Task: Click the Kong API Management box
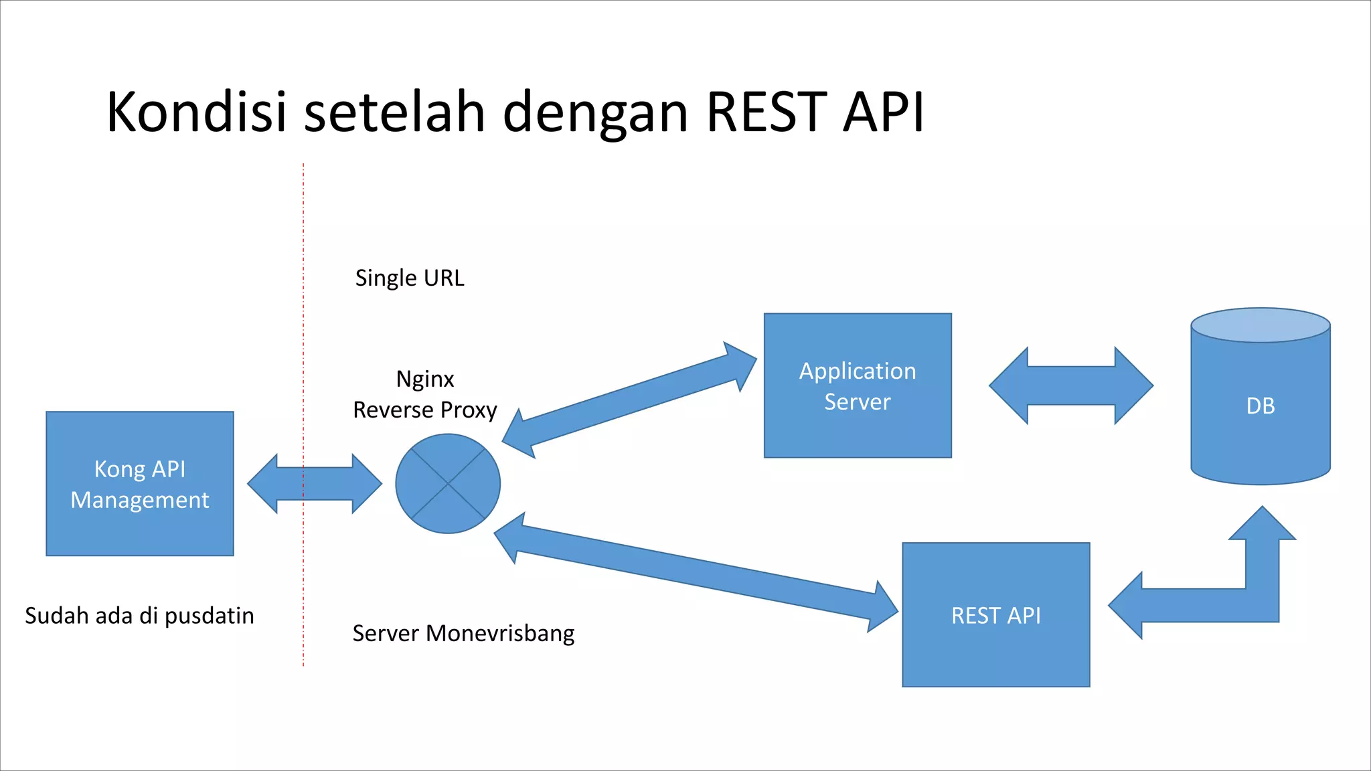pos(139,483)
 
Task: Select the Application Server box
pos(858,385)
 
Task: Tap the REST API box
pos(995,614)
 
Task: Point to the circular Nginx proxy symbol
pos(447,483)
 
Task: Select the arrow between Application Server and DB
pos(1070,385)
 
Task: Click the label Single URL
pos(409,278)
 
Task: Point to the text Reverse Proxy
pos(424,410)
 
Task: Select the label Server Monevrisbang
pos(463,633)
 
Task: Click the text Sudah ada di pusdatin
pos(139,616)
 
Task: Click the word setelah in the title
pos(394,112)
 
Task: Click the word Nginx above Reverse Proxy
pos(424,379)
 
